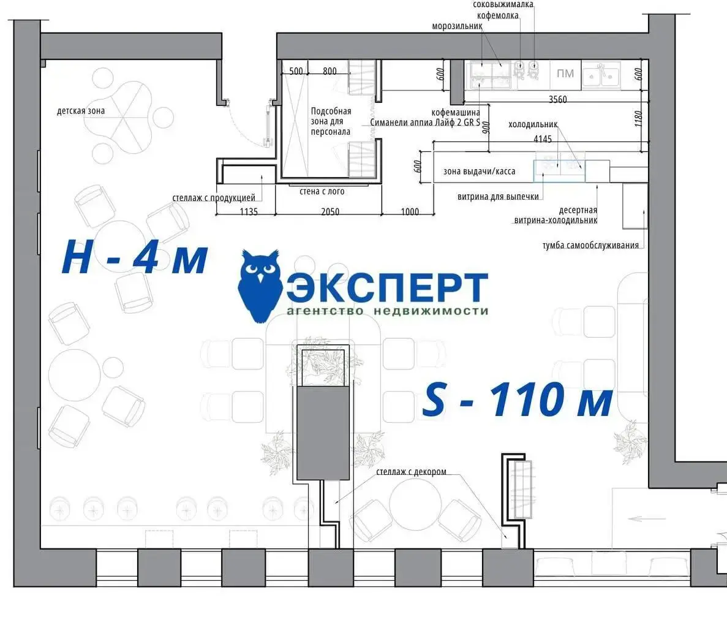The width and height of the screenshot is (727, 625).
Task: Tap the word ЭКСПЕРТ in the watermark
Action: click(x=387, y=287)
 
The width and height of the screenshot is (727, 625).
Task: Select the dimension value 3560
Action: click(x=557, y=99)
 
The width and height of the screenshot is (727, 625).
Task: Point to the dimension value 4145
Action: click(x=543, y=138)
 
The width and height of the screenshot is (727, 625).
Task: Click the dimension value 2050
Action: click(x=330, y=211)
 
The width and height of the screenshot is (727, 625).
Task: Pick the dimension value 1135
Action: click(x=249, y=211)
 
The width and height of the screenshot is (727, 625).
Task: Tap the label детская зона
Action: click(x=81, y=111)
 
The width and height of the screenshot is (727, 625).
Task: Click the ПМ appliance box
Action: click(x=565, y=74)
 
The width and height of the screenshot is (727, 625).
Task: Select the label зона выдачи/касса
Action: click(x=479, y=171)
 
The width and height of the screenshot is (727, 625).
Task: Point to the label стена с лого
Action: click(x=322, y=191)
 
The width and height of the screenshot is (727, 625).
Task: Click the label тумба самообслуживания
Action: click(x=590, y=245)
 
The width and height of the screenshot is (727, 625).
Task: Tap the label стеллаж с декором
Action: click(x=411, y=472)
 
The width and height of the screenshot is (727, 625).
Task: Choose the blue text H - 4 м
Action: click(x=135, y=257)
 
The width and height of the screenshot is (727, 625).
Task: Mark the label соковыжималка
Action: click(x=503, y=5)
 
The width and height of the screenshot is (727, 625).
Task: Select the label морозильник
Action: click(x=457, y=26)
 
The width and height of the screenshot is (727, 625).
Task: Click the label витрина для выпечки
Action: click(x=498, y=197)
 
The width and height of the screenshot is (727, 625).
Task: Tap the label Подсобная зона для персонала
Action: click(x=331, y=121)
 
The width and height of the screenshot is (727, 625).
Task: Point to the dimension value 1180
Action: click(x=638, y=119)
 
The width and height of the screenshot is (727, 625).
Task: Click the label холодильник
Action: click(x=533, y=124)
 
